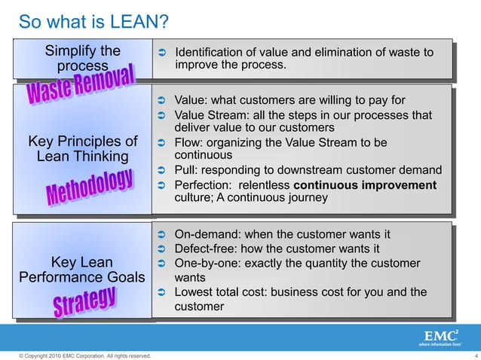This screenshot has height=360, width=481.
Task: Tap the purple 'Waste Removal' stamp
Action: pos(82,84)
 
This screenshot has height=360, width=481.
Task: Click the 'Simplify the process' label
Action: pos(83,59)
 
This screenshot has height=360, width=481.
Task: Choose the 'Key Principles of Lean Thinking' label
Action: pos(83,149)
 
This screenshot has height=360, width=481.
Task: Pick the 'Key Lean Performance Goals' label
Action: pos(82,270)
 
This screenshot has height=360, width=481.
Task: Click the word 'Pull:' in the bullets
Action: pos(187,170)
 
